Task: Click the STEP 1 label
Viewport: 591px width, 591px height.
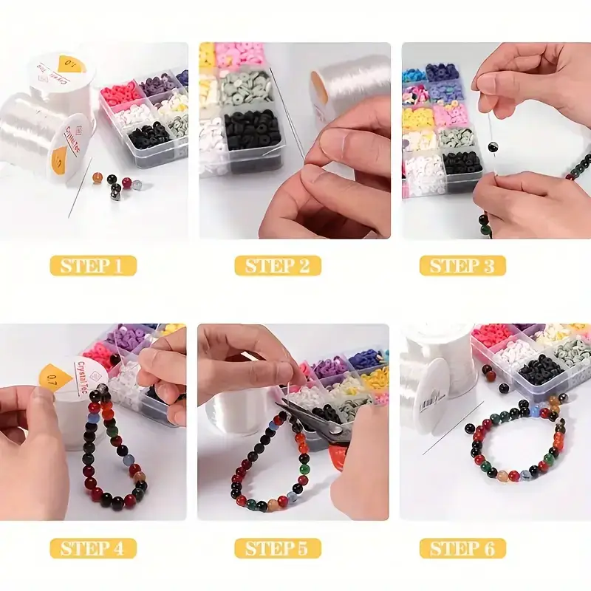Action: pos(93,265)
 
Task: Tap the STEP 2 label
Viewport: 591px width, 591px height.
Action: pos(278,265)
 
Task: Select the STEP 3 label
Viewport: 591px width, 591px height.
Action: pos(462,265)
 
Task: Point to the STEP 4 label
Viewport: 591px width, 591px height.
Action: pos(93,548)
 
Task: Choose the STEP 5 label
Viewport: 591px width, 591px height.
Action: pos(278,548)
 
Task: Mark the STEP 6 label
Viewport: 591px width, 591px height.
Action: pos(462,548)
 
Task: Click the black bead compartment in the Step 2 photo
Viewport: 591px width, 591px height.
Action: pos(253,131)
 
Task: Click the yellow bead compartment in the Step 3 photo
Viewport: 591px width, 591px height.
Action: pos(418,116)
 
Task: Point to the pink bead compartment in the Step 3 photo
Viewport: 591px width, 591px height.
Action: pos(450,115)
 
